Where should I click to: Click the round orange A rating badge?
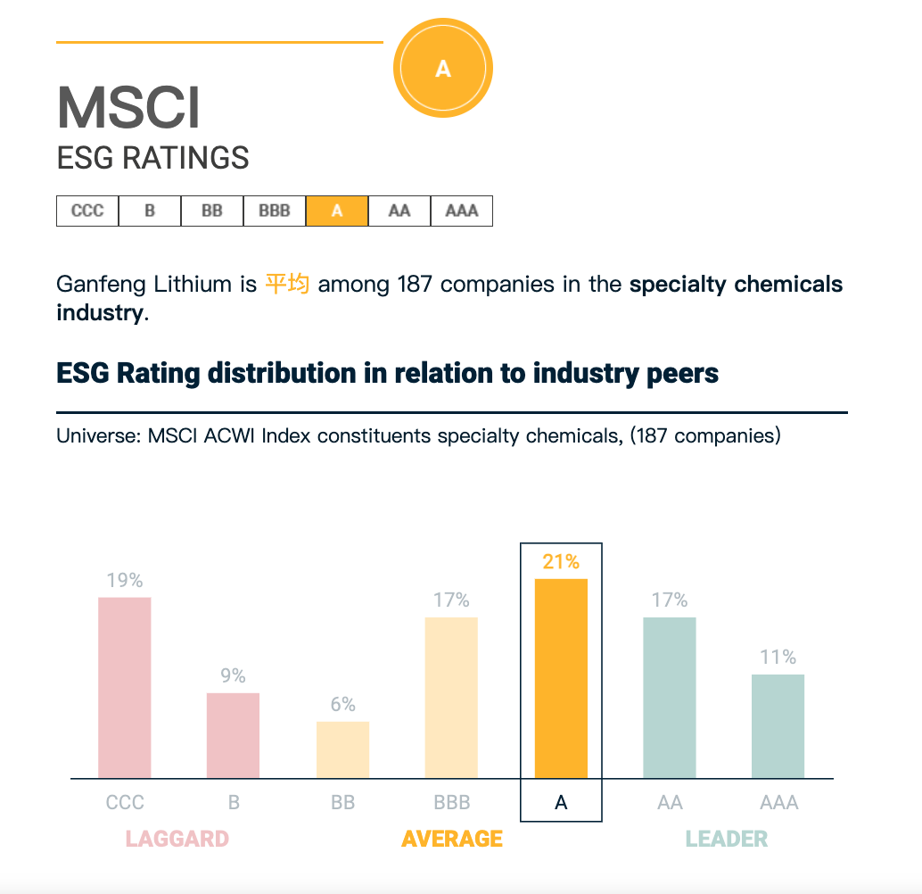[x=443, y=69]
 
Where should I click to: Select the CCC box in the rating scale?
[x=87, y=211]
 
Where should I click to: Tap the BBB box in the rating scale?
[x=275, y=211]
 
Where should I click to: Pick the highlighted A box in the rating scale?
[x=337, y=211]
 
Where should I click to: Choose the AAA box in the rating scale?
[x=462, y=211]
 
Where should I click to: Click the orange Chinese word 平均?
[x=287, y=285]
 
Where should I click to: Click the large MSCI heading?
[x=128, y=107]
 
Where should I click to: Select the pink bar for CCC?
[x=125, y=687]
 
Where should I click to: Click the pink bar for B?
[x=234, y=735]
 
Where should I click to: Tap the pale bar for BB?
[x=342, y=749]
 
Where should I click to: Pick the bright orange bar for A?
[x=561, y=678]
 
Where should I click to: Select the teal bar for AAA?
[x=778, y=726]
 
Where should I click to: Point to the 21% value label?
[x=561, y=562]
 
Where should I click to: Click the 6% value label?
[x=342, y=705]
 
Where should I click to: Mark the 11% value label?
[x=778, y=658]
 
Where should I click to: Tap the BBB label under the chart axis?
[x=451, y=803]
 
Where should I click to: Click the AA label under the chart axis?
[x=670, y=803]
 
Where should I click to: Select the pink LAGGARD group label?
[x=177, y=840]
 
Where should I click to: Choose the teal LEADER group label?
[x=727, y=840]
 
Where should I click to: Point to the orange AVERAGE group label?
[x=452, y=840]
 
